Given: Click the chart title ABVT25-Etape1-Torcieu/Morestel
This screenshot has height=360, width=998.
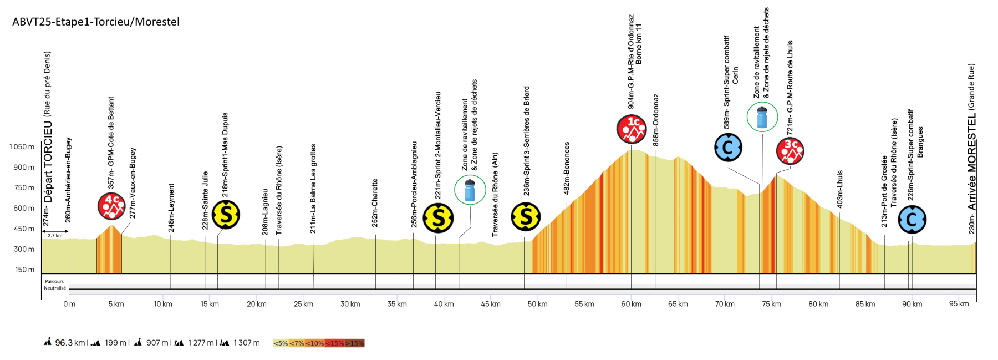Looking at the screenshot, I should tap(96, 22).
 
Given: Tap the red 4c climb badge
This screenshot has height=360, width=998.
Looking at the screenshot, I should tap(111, 206).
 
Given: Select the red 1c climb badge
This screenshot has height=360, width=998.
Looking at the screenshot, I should tap(632, 129).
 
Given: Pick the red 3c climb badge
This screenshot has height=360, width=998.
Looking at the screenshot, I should tap(790, 151).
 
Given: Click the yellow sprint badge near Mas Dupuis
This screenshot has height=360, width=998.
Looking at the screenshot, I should tap(226, 215).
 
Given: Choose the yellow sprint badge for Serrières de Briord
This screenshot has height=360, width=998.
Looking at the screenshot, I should tap(526, 216).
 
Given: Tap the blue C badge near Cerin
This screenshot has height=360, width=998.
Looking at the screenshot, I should tap(728, 148).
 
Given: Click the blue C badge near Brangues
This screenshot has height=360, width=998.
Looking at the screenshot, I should tap(912, 220).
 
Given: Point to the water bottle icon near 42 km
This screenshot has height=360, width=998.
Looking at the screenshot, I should tap(470, 190).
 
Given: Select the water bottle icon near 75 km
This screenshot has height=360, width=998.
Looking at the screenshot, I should tap(762, 117).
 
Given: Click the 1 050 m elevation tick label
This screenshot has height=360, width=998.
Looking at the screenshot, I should tap(22, 147).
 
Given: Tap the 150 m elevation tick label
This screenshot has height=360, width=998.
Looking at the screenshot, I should tap(25, 270).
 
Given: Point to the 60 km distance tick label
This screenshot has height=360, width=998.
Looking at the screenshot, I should tap(631, 304).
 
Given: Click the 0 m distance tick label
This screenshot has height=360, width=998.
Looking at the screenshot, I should tap(69, 304).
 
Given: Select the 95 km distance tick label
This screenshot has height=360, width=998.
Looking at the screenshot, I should tap(959, 304).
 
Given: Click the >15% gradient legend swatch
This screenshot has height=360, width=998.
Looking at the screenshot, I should tap(355, 343).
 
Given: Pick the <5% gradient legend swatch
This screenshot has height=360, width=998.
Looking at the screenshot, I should tap(281, 343).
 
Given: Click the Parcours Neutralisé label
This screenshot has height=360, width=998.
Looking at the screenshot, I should tap(55, 285).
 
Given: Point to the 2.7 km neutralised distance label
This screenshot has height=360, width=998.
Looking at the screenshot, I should tap(55, 236).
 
